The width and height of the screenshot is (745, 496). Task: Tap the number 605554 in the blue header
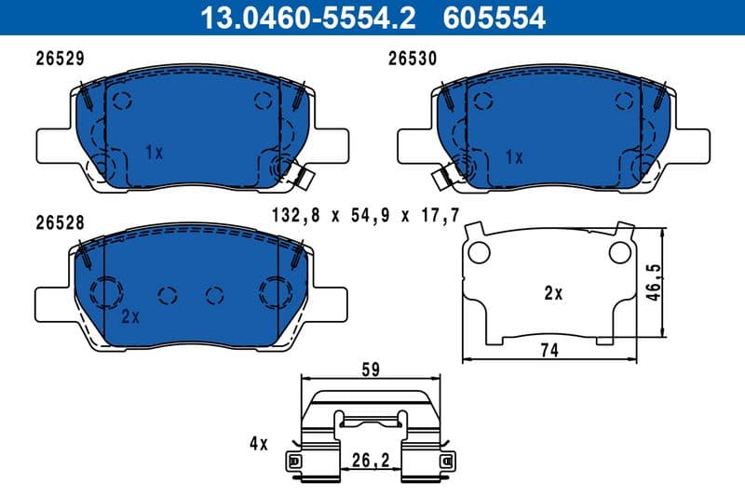497,18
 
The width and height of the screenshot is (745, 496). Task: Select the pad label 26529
61,58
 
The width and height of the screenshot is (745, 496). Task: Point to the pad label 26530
413,58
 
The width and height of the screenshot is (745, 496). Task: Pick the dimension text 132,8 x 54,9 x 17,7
366,216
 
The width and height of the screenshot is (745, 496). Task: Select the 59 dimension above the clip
372,369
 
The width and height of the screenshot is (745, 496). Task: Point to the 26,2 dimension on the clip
372,459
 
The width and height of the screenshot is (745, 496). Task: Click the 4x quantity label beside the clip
257,444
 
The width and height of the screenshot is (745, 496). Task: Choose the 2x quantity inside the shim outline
553,293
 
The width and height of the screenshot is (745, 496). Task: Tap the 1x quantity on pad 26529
155,152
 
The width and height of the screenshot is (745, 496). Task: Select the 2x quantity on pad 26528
129,316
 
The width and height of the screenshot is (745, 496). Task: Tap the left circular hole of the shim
478,252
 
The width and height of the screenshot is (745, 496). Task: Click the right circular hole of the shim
618,251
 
